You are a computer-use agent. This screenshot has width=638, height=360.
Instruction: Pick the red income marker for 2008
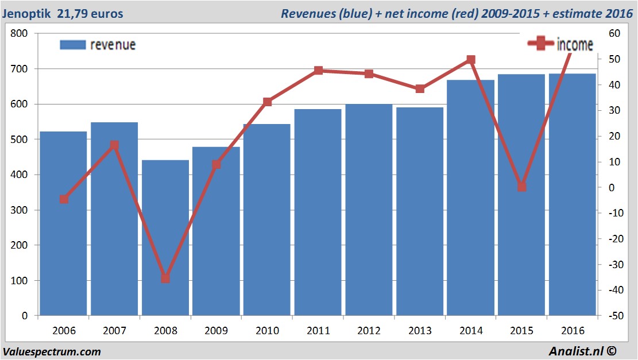[165, 278]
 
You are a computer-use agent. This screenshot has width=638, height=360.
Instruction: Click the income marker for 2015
[521, 187]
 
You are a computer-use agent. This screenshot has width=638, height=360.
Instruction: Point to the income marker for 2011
[318, 71]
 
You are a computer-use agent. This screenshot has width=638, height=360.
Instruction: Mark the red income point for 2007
[114, 145]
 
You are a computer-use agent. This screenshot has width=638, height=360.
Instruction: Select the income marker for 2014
[471, 59]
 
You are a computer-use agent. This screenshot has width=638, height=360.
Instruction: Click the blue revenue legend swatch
[72, 45]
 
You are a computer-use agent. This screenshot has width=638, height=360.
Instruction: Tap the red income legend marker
[540, 44]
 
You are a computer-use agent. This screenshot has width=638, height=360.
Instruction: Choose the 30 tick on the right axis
[613, 111]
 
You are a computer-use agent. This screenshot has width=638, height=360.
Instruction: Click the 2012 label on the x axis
[369, 331]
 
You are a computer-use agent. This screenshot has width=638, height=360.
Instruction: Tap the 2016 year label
[572, 331]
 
